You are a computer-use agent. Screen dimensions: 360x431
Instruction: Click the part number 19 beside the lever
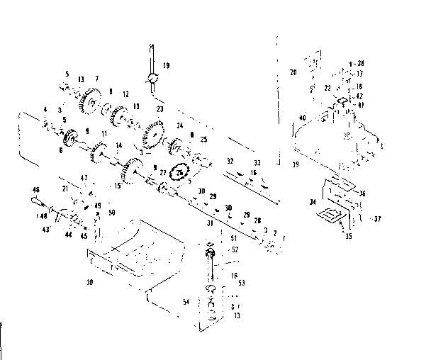click(166, 66)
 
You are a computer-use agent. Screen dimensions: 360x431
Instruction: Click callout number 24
click(180, 126)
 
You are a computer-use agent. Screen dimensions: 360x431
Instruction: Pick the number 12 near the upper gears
click(125, 94)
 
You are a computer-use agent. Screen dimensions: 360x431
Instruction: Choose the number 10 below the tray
click(89, 283)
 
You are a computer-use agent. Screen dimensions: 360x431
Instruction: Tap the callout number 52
click(235, 249)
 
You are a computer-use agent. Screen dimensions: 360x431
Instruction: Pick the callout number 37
click(377, 219)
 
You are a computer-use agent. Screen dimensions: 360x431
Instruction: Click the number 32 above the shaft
click(230, 162)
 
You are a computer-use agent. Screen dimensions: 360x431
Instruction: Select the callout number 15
click(116, 186)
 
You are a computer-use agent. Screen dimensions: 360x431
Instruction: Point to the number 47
click(83, 177)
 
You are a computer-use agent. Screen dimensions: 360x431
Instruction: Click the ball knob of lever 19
click(152, 79)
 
